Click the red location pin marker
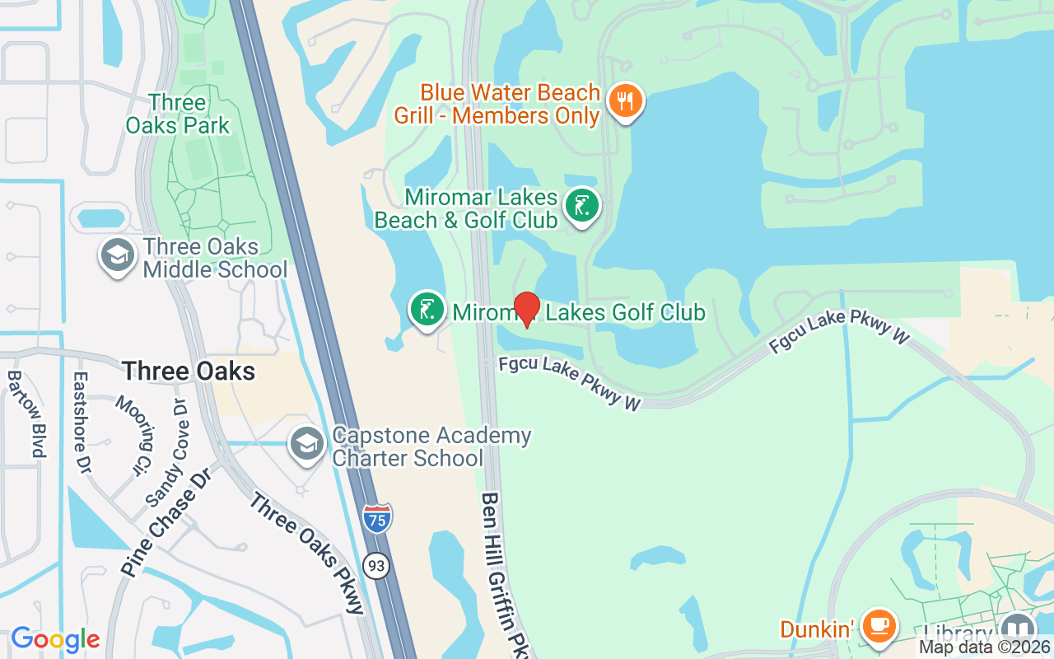[526, 310]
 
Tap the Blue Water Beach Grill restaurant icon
[626, 102]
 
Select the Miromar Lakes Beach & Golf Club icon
[582, 206]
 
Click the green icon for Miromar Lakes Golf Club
[427, 311]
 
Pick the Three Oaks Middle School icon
[118, 255]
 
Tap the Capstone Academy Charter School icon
[306, 445]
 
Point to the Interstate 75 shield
[376, 517]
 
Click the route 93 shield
[376, 565]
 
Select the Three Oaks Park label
[178, 114]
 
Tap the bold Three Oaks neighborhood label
[189, 371]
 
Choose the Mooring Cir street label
[134, 437]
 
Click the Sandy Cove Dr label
[167, 452]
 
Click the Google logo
[55, 639]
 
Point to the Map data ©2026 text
[984, 647]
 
